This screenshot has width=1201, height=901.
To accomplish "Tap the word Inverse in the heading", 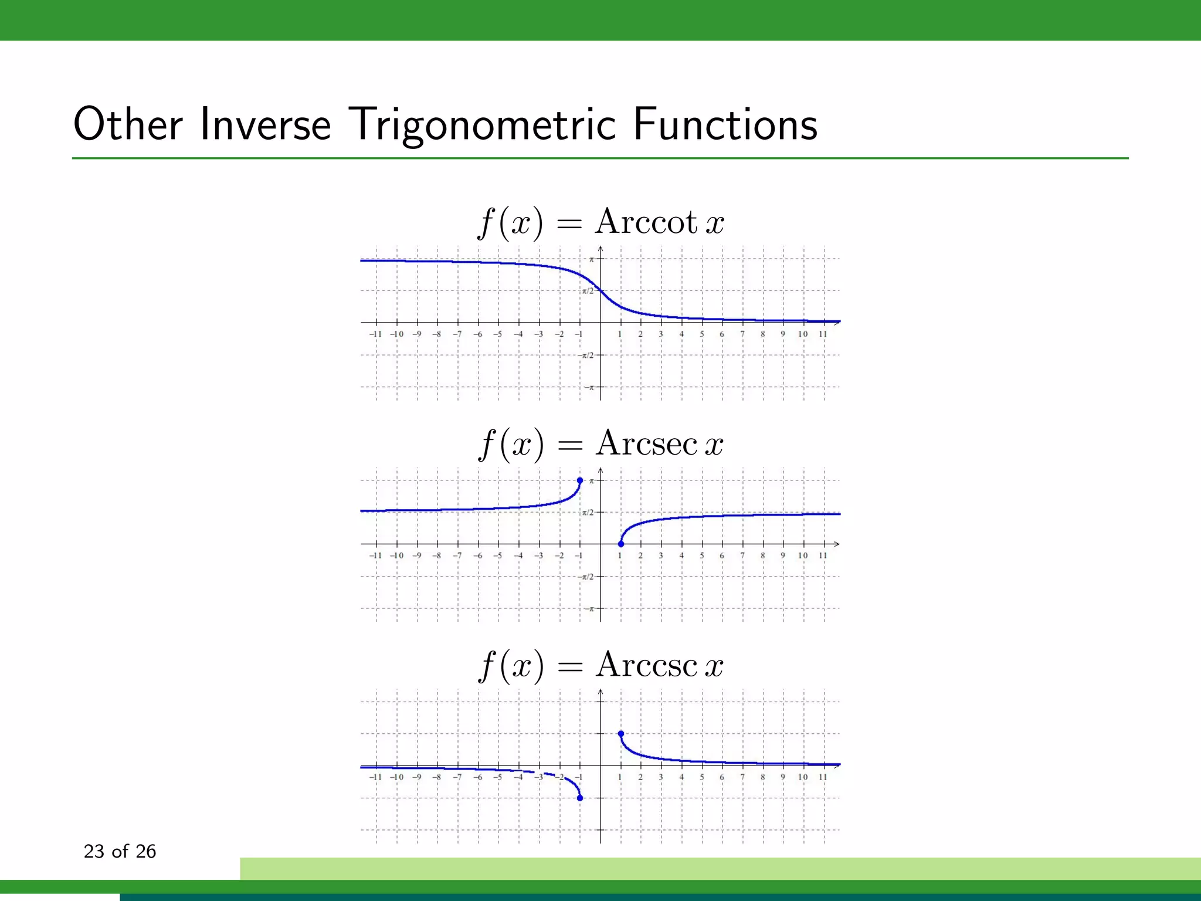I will pos(265,124).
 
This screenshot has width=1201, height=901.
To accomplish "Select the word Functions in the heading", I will pos(725,124).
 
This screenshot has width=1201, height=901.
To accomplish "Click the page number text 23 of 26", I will pos(120,851).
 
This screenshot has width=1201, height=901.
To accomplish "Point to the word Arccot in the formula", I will pos(646,222).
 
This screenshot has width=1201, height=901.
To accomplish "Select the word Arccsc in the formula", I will pos(646,665).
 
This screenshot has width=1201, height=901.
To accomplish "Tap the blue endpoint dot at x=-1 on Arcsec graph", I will pos(580,480).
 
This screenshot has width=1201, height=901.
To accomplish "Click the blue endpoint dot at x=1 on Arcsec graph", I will pos(621,544).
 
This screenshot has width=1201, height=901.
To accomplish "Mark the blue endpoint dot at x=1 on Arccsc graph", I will pos(621,734).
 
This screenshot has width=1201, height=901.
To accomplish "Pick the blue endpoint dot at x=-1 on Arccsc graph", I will pos(580,798).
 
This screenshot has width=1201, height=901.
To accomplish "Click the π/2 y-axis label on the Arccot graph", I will pos(587,291).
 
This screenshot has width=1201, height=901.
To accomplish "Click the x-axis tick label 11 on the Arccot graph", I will pos(823,334).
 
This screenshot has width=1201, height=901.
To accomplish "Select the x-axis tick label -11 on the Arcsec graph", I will pos(375,555).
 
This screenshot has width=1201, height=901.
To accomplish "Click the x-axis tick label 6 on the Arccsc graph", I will pos(722,777).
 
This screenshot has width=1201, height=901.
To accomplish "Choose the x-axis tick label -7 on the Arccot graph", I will pos(457,334).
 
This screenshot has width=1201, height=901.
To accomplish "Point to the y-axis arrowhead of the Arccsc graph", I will pos(600,693).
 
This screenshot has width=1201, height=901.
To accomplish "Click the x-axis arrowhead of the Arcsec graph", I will pos(837,544).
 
